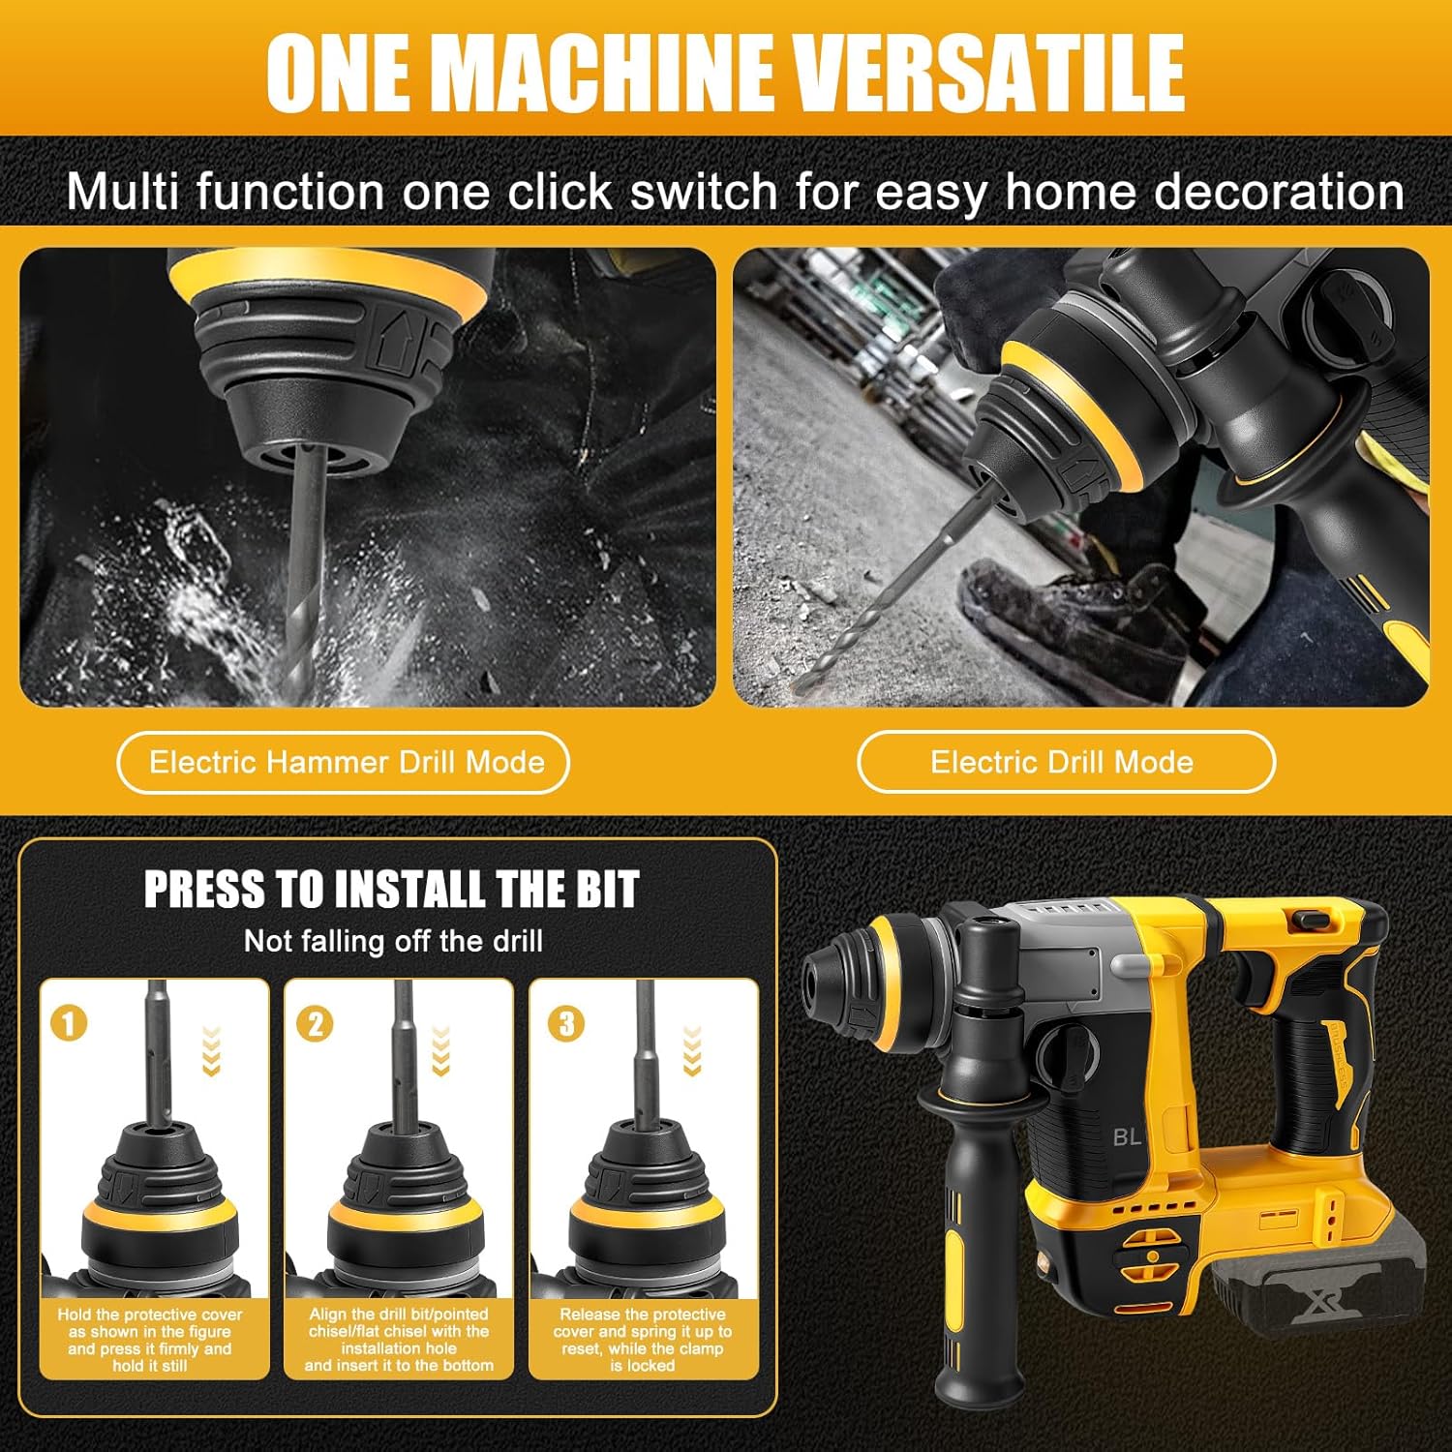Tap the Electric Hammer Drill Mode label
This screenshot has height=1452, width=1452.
[x=346, y=763]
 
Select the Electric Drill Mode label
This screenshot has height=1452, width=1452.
[x=1062, y=763]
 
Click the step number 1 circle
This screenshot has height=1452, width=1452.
[x=69, y=1023]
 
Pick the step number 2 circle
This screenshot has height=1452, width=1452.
[x=315, y=1023]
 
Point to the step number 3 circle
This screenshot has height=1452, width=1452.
[x=566, y=1023]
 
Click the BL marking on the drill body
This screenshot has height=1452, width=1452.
[x=1127, y=1136]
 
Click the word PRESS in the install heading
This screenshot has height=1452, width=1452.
[x=204, y=889]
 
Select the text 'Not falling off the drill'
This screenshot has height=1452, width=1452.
[x=393, y=941]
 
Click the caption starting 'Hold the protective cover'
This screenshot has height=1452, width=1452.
[x=150, y=1340]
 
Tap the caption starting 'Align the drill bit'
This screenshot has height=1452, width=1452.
[x=399, y=1340]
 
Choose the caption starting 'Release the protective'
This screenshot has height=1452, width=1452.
[x=643, y=1340]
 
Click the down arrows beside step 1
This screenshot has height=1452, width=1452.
[x=212, y=1050]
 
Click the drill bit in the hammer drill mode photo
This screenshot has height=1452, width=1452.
[x=302, y=571]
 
